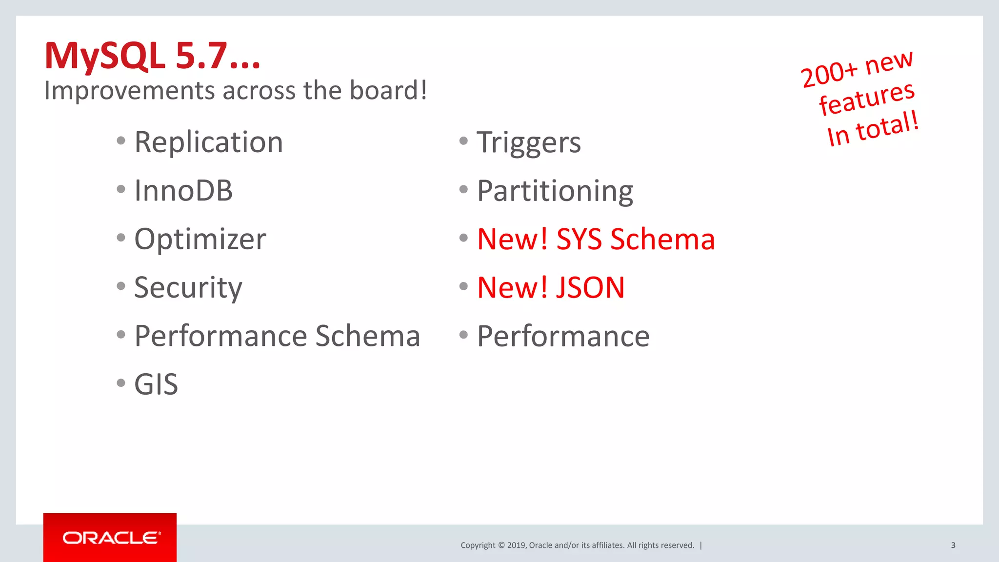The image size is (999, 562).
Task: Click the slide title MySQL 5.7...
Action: coord(152,56)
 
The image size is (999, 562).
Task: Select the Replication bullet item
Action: coord(208,142)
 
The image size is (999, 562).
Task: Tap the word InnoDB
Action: coord(183,190)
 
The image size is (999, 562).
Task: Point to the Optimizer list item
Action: coord(200,239)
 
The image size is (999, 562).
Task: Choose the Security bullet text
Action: coord(188,288)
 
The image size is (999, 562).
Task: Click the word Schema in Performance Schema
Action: coord(368,336)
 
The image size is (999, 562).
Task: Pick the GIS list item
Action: coord(156,384)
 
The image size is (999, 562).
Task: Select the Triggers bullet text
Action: coord(529,142)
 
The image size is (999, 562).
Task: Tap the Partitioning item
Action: coord(555,191)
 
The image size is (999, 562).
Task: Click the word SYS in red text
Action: coord(579,239)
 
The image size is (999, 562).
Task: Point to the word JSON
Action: coord(590,287)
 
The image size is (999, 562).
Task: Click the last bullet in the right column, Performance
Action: coord(563,336)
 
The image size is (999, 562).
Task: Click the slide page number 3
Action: coord(953,545)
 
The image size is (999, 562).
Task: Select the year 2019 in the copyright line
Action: coord(516,545)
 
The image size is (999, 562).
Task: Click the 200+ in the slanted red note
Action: coord(829,75)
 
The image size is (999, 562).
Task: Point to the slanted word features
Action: coord(867,99)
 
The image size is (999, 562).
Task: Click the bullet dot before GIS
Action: coord(121,383)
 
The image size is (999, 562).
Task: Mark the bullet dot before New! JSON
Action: coord(463,286)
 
